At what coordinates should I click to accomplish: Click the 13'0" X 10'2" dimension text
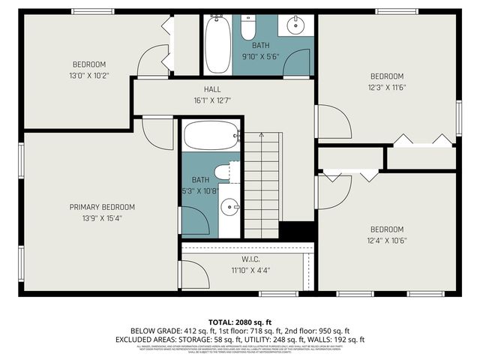(x=89, y=75)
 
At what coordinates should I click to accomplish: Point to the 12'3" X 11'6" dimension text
(x=387, y=88)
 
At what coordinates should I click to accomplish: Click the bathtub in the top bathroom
(x=218, y=44)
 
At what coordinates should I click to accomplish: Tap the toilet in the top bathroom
(x=249, y=28)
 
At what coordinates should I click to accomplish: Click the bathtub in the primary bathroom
(x=211, y=136)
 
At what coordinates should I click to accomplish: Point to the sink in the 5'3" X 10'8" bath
(x=231, y=205)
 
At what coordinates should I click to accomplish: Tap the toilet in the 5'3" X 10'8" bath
(x=223, y=172)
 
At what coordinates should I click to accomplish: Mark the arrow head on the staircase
(x=261, y=136)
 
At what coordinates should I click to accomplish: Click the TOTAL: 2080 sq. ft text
(x=239, y=320)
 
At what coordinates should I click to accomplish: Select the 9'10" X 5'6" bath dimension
(x=260, y=56)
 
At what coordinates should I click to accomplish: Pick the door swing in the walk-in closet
(x=193, y=272)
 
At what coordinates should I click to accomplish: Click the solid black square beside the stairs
(x=295, y=232)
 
